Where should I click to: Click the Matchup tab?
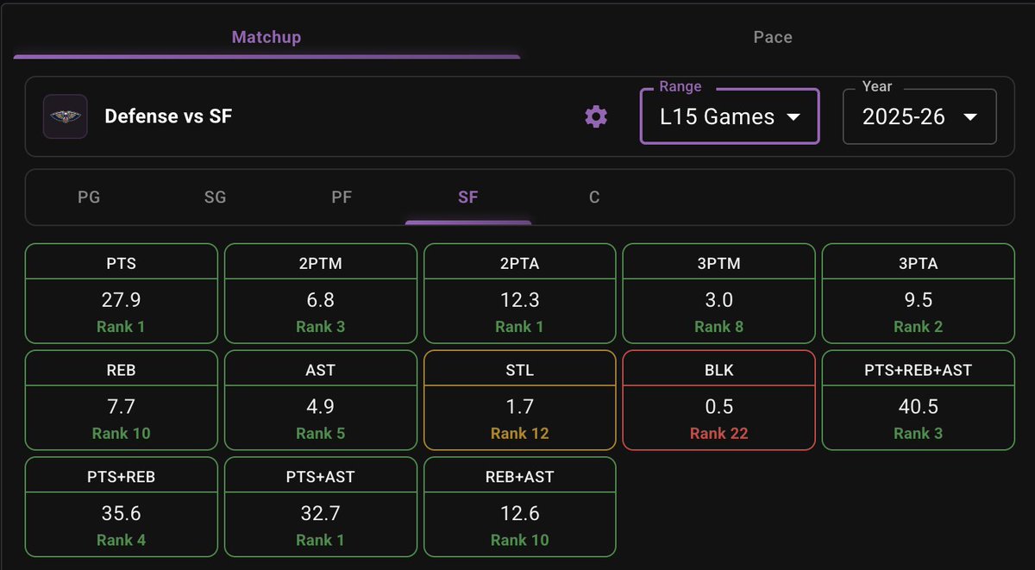click(x=266, y=37)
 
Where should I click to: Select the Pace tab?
click(x=772, y=37)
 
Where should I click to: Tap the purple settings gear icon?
click(x=596, y=116)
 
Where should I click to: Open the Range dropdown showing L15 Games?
click(x=729, y=116)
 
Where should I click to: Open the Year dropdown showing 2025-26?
click(x=919, y=116)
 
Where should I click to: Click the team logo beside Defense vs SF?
click(x=65, y=116)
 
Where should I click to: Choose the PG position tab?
click(x=89, y=197)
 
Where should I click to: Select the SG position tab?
click(x=215, y=197)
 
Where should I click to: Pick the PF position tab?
click(x=342, y=197)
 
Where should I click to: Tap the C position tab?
click(x=594, y=197)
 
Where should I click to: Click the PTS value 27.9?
click(x=121, y=300)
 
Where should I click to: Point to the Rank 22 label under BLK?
click(x=718, y=433)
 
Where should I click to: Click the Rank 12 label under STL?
click(x=519, y=433)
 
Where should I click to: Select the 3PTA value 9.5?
click(x=917, y=300)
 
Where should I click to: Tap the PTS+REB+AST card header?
click(x=917, y=370)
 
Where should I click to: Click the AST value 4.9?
click(x=320, y=406)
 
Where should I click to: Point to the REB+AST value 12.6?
click(x=519, y=513)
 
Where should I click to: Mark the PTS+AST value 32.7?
click(x=320, y=513)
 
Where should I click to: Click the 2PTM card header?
click(x=320, y=263)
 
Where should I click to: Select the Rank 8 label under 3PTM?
click(x=718, y=327)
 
